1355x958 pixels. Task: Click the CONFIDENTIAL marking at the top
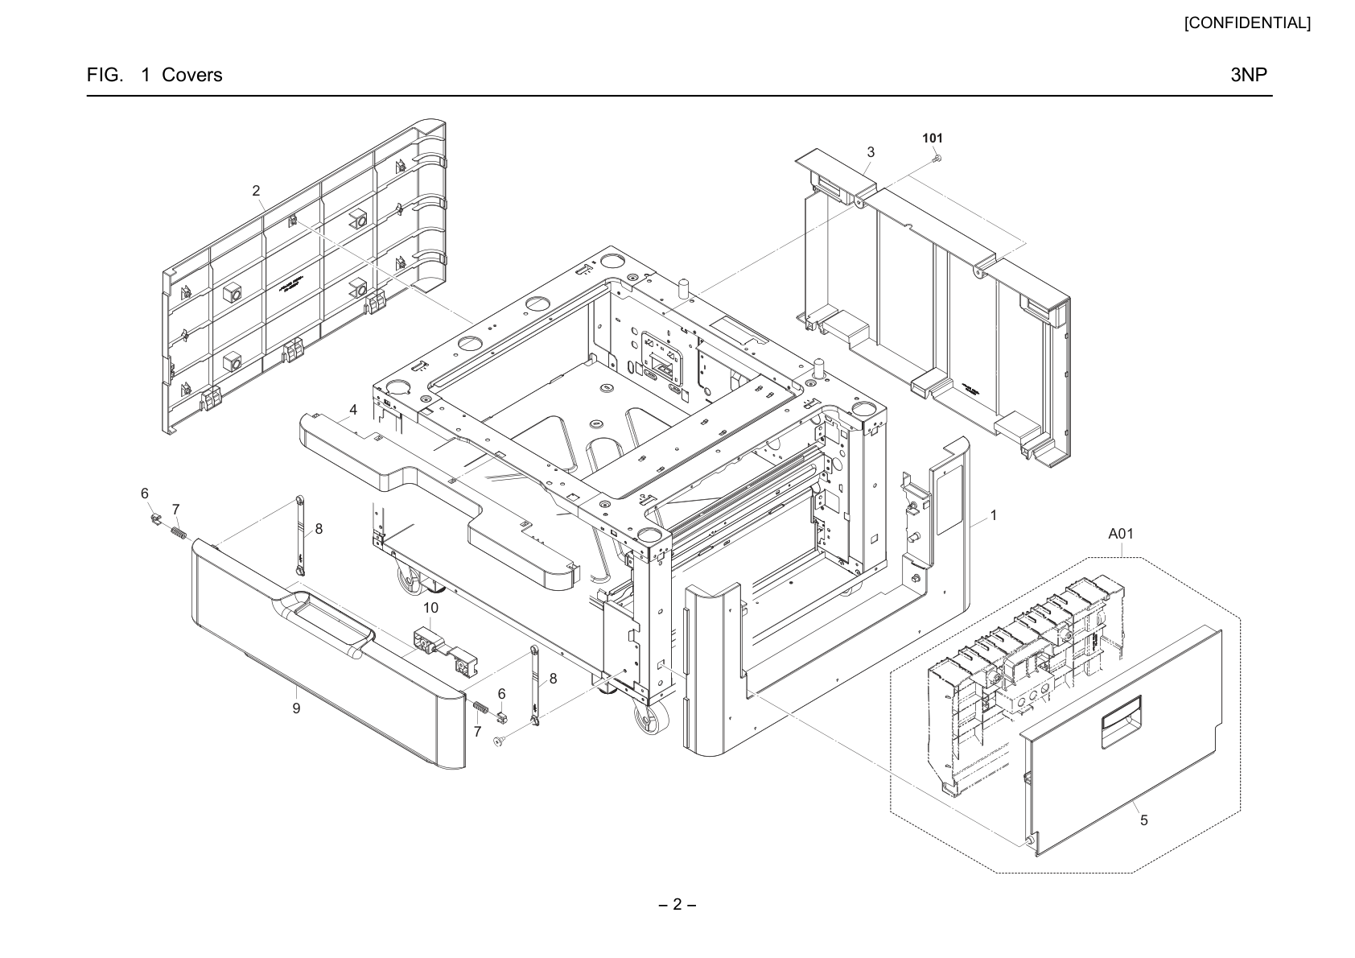(1247, 23)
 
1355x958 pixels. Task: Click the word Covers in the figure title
(192, 75)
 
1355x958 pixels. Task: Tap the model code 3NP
(1249, 75)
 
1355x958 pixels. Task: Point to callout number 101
(933, 138)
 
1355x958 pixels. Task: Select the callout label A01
(1120, 534)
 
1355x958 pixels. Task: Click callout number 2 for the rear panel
(256, 191)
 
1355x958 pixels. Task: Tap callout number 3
(871, 152)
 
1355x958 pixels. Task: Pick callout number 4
(353, 410)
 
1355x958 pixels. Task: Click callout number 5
(1144, 820)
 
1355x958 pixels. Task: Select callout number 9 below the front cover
(296, 708)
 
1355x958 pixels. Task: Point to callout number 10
(430, 607)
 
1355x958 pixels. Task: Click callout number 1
(993, 515)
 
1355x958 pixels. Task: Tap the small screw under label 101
(937, 159)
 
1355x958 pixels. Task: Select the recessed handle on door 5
(1122, 713)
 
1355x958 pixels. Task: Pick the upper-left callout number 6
(145, 493)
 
